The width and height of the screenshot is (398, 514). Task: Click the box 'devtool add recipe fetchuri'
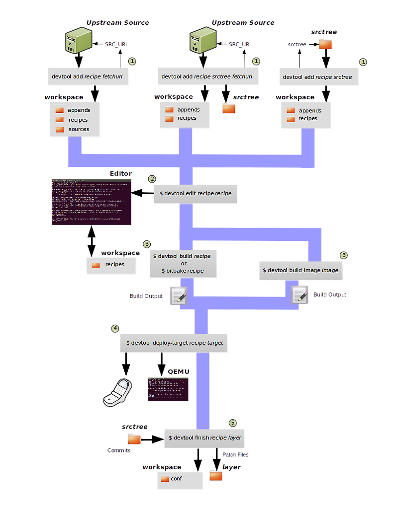[x=87, y=77]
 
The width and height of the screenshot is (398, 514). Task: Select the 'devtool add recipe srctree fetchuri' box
[x=206, y=77]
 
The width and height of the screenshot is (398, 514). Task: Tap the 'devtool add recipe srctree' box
[x=317, y=77]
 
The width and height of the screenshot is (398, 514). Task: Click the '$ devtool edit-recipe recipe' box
[x=195, y=193]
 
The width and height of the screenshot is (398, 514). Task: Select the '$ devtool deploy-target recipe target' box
[x=175, y=343]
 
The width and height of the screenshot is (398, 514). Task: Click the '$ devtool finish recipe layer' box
[x=204, y=438]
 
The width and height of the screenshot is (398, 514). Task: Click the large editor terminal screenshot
[x=91, y=202]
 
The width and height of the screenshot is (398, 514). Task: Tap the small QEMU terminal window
[x=168, y=389]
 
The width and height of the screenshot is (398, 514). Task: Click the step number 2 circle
[x=152, y=179]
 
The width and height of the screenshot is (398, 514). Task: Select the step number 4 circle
[x=115, y=328]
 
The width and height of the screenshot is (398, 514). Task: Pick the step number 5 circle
[x=232, y=423]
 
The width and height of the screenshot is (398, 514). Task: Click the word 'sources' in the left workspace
[x=79, y=129]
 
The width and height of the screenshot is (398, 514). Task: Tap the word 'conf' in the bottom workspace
[x=177, y=479]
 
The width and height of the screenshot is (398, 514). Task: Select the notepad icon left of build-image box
[x=299, y=294]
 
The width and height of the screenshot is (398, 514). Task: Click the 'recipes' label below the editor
[x=114, y=264]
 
